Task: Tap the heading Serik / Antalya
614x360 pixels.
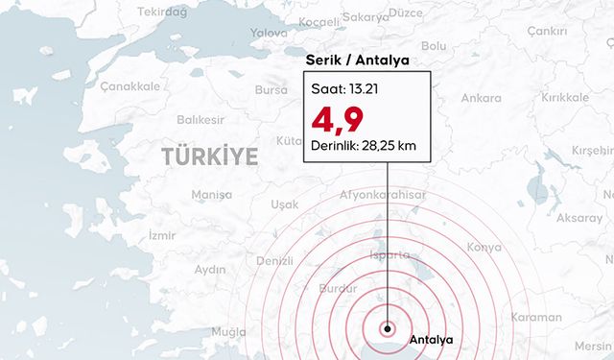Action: coord(357,60)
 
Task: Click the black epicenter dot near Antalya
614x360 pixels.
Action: coord(387,327)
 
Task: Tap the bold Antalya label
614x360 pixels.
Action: coord(430,340)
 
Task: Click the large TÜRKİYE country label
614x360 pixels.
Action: coord(209,156)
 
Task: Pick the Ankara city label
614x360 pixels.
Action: coord(481,98)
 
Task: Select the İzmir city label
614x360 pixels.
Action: coord(162,235)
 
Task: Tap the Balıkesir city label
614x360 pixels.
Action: coord(201,120)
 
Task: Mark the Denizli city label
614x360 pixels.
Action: coord(274,261)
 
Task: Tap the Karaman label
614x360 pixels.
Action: coord(537,316)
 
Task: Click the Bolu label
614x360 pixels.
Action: coord(434,45)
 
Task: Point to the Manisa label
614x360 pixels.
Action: coord(212,194)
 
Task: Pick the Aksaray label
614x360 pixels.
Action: coord(579,218)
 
